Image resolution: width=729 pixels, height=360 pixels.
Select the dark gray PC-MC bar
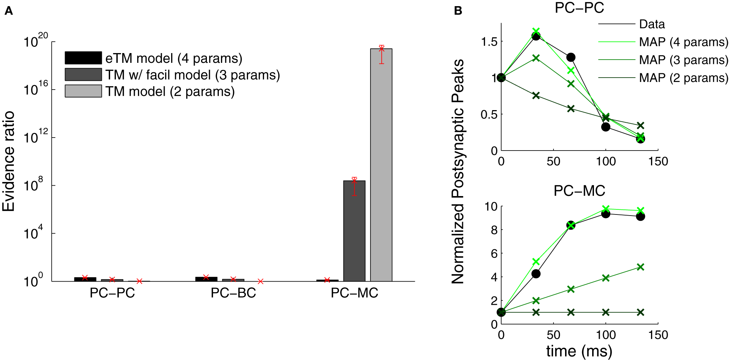pyautogui.click(x=354, y=231)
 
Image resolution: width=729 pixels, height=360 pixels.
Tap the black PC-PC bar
pyautogui.click(x=85, y=279)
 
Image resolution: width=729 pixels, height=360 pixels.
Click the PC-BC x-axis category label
pyautogui.click(x=233, y=293)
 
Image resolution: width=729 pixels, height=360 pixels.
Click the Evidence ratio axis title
pyautogui.click(x=9, y=161)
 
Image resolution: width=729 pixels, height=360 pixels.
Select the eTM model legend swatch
pyautogui.click(x=83, y=58)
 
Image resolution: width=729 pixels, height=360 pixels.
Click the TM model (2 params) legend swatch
pyautogui.click(x=83, y=91)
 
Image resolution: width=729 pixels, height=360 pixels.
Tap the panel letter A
pyautogui.click(x=9, y=11)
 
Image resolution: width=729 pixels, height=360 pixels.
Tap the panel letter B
pyautogui.click(x=458, y=11)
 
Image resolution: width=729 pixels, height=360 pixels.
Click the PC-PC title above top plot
pyautogui.click(x=579, y=8)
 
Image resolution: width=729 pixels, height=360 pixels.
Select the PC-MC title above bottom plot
pyautogui.click(x=579, y=191)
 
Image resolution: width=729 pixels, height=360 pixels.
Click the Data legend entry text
pyautogui.click(x=652, y=24)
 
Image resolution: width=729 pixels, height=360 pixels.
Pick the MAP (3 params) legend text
pyautogui.click(x=684, y=60)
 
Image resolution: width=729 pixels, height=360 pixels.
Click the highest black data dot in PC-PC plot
pyautogui.click(x=536, y=36)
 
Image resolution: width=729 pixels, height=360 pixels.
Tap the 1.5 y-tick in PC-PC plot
pyautogui.click(x=489, y=42)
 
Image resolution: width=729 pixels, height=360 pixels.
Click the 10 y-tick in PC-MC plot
pyautogui.click(x=491, y=207)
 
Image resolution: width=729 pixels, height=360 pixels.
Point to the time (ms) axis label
pyautogui.click(x=579, y=351)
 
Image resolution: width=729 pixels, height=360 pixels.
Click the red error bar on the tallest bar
pyautogui.click(x=381, y=55)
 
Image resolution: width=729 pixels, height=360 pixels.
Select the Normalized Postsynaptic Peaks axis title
pyautogui.click(x=458, y=172)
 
